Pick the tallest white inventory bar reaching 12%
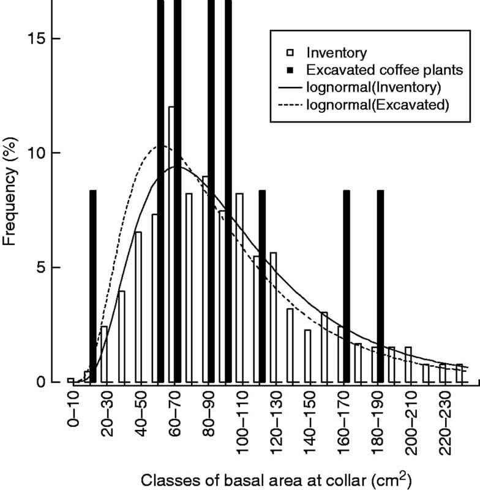tap(171, 245)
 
